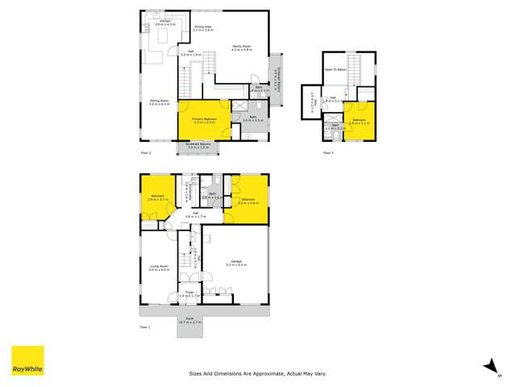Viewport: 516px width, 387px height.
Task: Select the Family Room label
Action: coord(242,46)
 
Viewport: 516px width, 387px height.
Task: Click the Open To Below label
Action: coord(335,69)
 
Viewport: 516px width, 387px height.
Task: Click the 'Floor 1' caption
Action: coord(146,328)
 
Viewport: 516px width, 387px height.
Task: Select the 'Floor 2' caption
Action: coord(146,152)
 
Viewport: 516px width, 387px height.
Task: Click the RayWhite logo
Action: coord(27,361)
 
